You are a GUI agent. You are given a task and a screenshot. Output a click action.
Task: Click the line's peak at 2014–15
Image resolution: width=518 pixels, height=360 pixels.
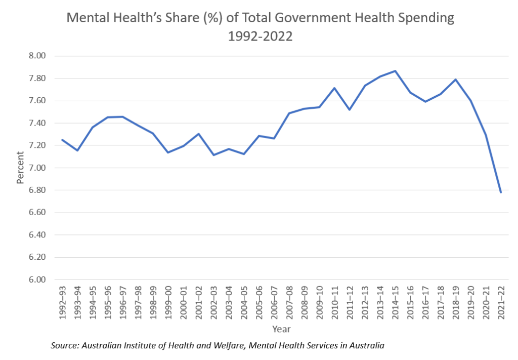395,71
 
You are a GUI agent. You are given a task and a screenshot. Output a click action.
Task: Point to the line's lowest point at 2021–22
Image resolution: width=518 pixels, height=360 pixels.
501,192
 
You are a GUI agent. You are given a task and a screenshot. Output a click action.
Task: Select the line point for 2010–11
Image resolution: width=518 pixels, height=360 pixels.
334,88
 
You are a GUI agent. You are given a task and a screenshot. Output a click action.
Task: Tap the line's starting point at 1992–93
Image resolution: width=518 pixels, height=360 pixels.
62,140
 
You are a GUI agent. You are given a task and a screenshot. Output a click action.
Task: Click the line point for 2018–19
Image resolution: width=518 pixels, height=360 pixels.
456,79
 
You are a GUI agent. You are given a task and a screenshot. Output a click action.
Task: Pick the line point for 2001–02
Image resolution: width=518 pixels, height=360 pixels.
198,134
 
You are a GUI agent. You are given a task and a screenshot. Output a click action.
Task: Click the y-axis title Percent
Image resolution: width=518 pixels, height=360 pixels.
20,167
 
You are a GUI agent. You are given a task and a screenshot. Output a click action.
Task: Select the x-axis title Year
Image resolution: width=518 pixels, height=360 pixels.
281,329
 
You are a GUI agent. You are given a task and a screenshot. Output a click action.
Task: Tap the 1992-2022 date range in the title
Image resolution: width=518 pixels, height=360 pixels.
260,37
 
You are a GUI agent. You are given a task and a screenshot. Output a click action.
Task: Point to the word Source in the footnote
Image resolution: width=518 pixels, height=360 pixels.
64,346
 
